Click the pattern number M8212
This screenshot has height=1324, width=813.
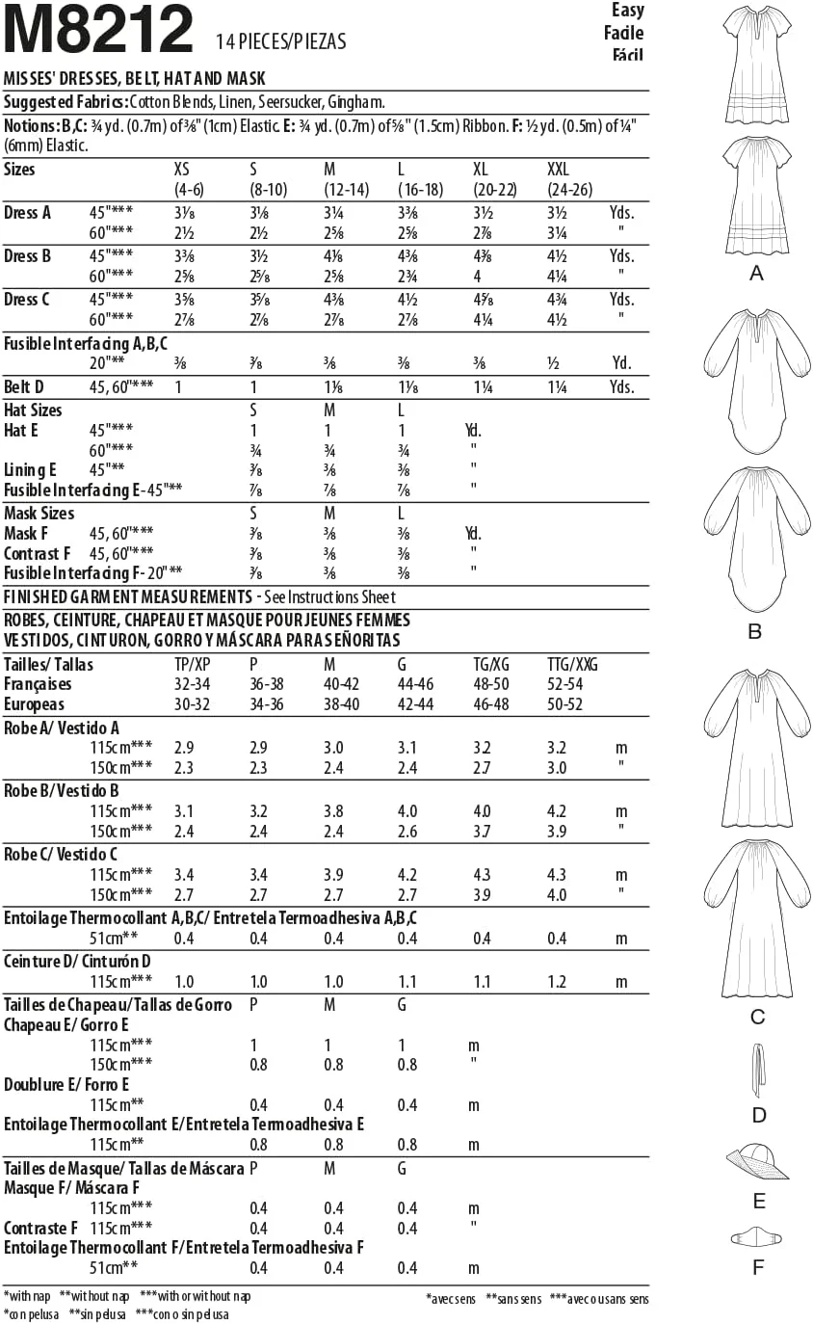tap(99, 31)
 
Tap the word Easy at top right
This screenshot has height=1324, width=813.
tap(627, 11)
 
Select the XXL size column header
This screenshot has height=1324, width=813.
tap(559, 170)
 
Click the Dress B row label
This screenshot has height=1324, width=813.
tap(28, 256)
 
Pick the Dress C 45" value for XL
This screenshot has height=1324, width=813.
tap(483, 300)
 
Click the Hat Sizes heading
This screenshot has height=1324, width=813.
tap(33, 410)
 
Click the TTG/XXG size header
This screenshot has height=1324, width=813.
tap(573, 664)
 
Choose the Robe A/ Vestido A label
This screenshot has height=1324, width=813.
tap(62, 728)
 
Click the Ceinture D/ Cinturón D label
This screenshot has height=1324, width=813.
tap(78, 961)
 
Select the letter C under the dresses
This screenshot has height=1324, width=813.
tap(757, 1018)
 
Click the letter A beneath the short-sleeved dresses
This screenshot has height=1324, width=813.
tap(756, 275)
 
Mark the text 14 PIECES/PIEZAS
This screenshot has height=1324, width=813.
tap(281, 41)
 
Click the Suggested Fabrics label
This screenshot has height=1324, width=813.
tap(66, 101)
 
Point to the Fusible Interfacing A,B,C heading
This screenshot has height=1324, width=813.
tap(92, 343)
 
